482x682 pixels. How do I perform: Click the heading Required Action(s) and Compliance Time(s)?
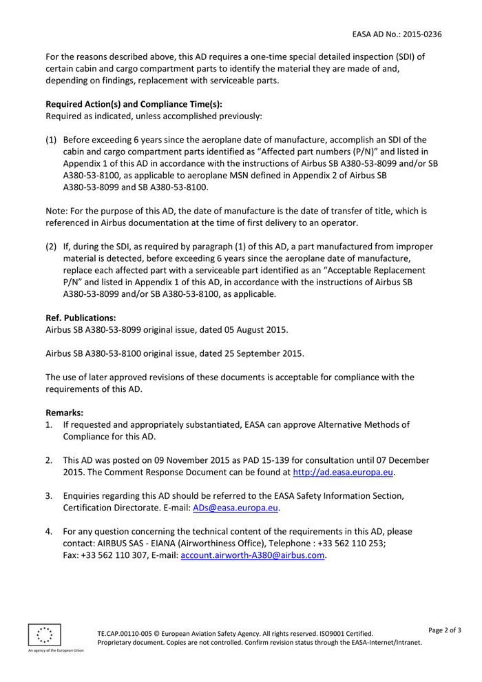134,104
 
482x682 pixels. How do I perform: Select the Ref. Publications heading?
81,318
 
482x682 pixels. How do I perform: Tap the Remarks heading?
64,413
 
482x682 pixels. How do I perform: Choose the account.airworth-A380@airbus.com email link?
252,556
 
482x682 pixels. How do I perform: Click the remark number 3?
49,495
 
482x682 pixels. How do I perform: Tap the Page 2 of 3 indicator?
445,630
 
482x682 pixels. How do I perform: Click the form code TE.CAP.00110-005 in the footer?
124,633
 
